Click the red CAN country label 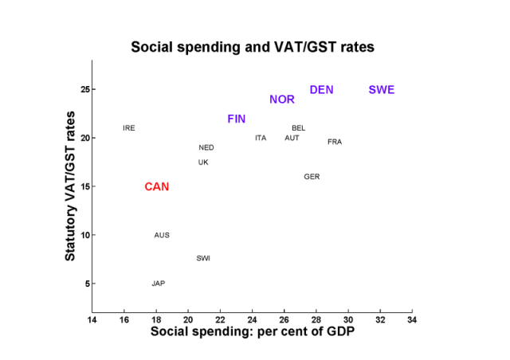click(157, 187)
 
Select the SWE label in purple click(382, 90)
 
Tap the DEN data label click(321, 90)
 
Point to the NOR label click(282, 100)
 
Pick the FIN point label click(237, 119)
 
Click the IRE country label click(129, 128)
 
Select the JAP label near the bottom click(159, 284)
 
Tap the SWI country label click(203, 258)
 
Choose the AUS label click(162, 235)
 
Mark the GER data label click(312, 177)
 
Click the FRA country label click(335, 142)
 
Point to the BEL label click(299, 128)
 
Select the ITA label click(261, 138)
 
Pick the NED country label click(206, 148)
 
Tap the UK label click(203, 162)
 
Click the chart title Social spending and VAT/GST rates click(253, 48)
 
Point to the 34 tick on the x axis click(412, 320)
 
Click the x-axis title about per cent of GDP click(253, 332)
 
